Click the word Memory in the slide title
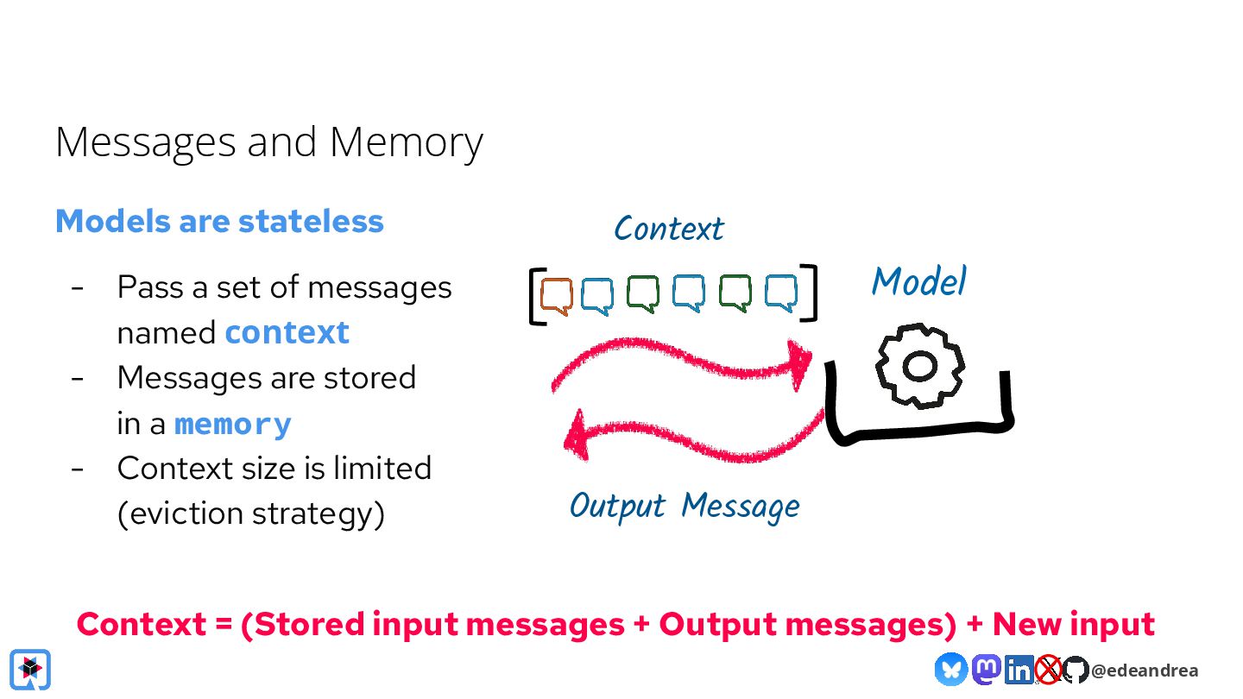coord(407,143)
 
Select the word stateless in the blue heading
coord(311,221)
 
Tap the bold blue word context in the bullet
coord(287,333)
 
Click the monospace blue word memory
coord(232,425)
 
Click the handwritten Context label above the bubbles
coord(669,229)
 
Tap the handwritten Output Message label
coord(685,507)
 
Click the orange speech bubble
coord(556,296)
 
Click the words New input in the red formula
coord(1073,624)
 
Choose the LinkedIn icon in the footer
coord(1019,670)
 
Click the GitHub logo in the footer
coord(1075,670)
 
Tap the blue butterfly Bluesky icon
coord(951,669)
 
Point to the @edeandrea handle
coord(1145,671)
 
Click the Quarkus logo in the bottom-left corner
coord(30,670)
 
